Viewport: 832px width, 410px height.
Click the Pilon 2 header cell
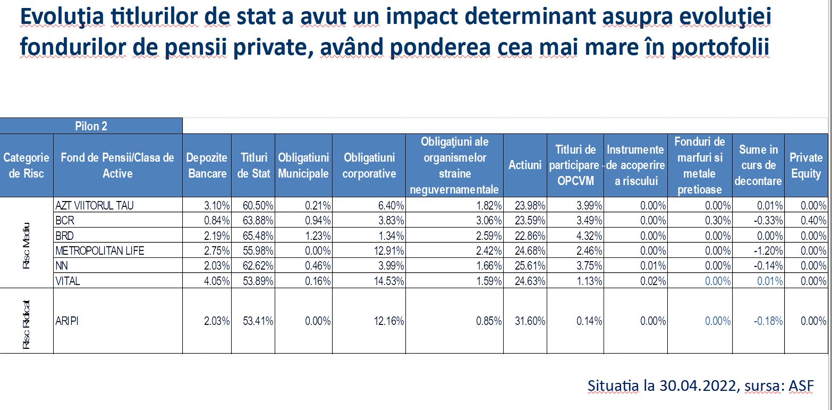point(91,125)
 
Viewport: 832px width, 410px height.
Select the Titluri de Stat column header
point(253,165)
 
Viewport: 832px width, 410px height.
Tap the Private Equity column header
point(805,165)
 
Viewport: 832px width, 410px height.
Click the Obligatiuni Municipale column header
point(303,165)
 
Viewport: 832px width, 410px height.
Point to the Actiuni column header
point(525,165)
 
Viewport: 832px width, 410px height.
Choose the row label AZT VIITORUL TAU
point(94,205)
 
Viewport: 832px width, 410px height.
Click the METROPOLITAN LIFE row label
point(100,250)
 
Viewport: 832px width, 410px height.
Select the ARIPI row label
point(66,321)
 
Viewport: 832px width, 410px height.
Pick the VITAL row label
point(67,281)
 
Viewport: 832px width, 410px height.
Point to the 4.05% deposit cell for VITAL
point(217,281)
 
